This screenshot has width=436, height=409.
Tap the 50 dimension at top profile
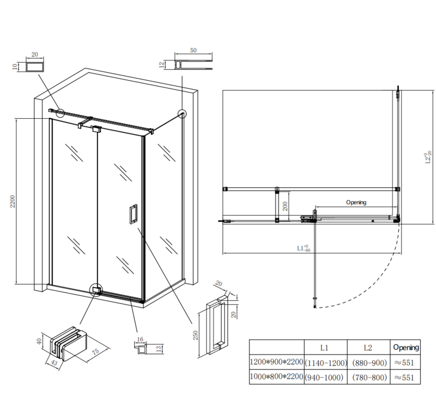(x=193, y=50)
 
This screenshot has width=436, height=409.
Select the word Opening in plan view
(x=356, y=202)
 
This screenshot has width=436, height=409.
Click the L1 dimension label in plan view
(x=303, y=248)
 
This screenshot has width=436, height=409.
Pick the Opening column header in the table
(x=405, y=347)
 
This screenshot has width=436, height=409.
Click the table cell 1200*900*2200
(x=276, y=362)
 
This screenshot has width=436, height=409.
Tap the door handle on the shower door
(x=133, y=214)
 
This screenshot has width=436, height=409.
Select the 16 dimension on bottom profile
(x=140, y=339)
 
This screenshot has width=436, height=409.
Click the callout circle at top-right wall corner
(x=181, y=113)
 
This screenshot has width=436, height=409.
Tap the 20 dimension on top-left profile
(x=35, y=54)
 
